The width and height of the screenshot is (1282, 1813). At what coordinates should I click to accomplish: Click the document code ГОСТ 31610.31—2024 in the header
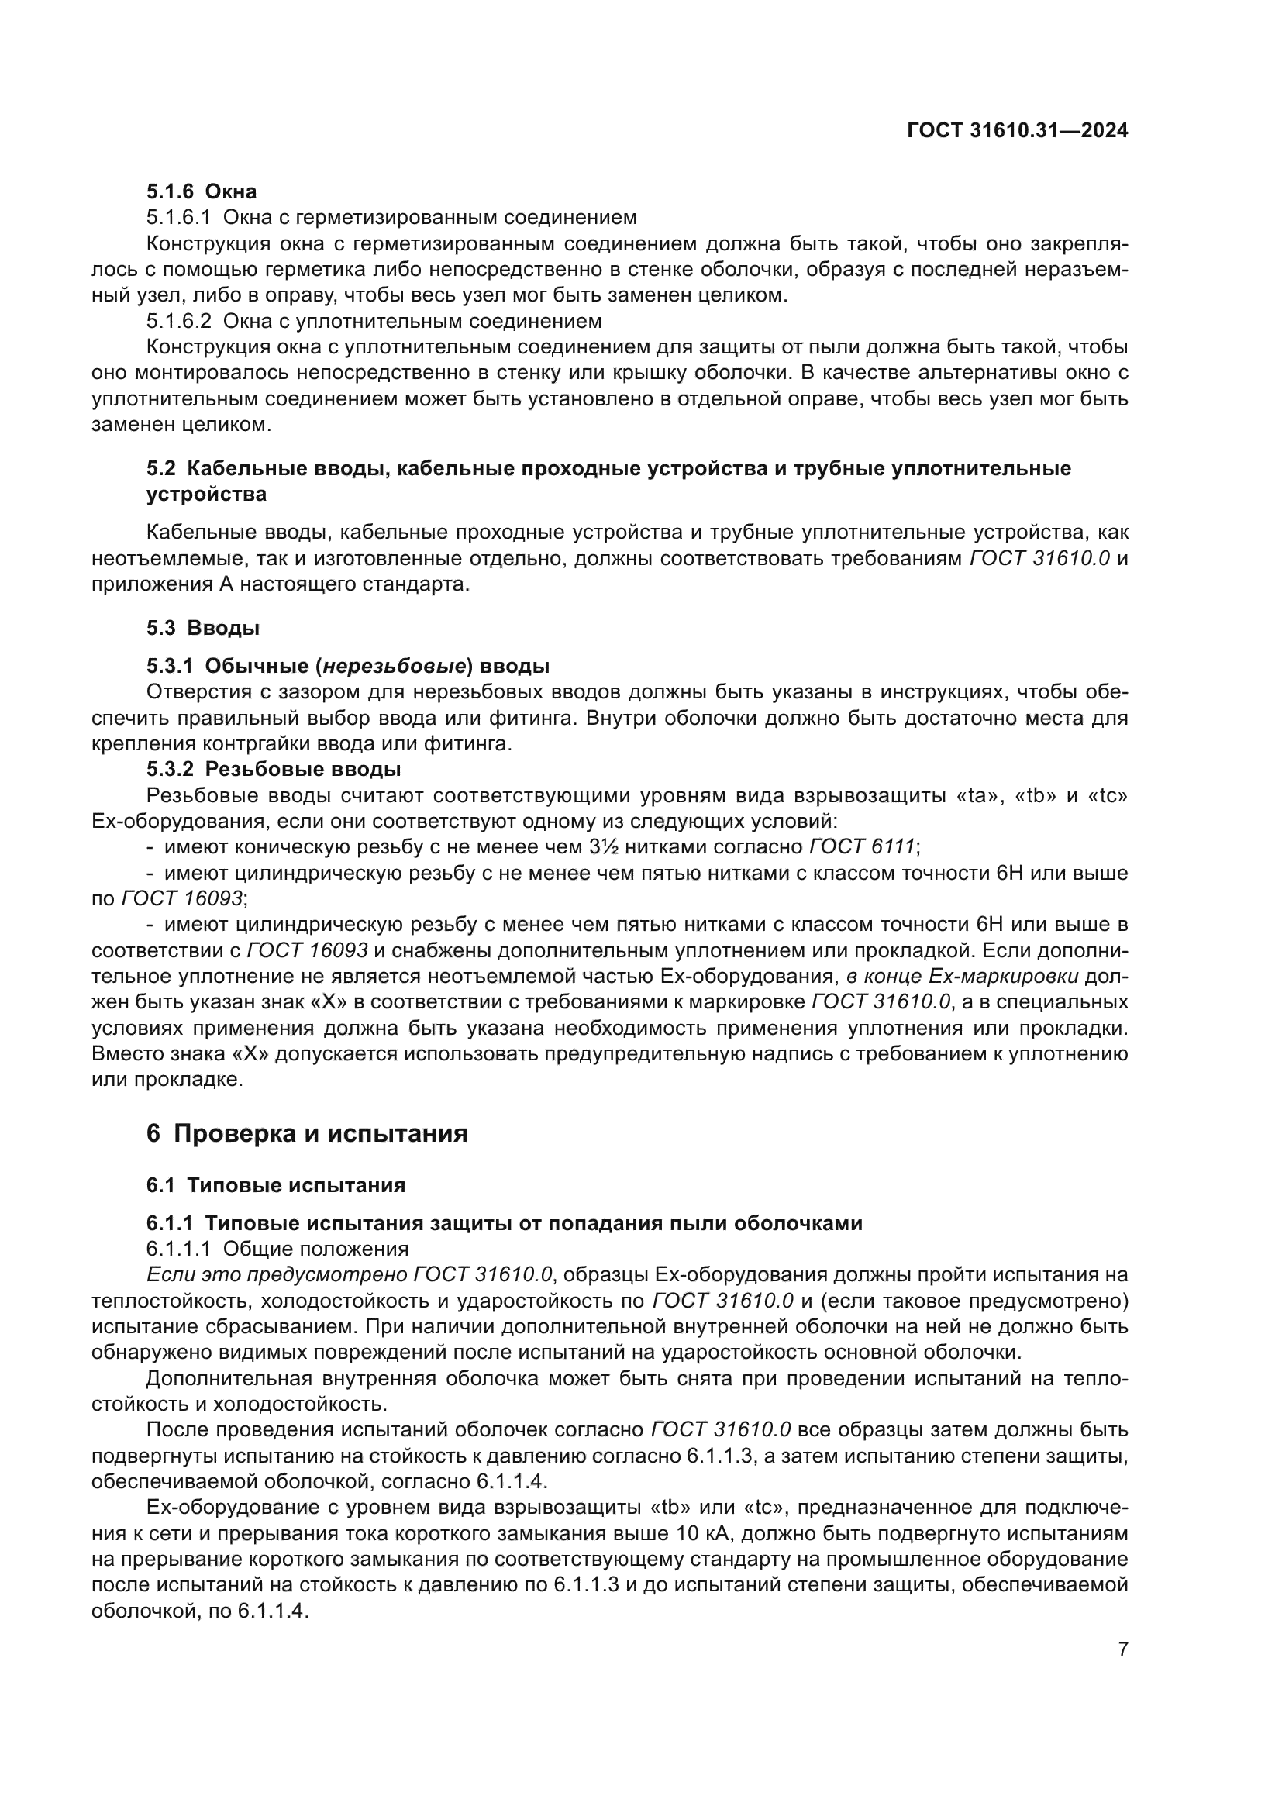click(1017, 131)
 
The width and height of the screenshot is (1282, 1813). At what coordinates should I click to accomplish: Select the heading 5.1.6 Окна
click(202, 191)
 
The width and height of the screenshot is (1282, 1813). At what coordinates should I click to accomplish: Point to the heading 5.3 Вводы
click(203, 629)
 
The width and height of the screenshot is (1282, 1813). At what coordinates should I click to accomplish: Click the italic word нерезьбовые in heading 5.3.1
click(393, 666)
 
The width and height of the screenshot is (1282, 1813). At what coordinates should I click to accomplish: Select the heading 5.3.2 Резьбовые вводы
click(273, 769)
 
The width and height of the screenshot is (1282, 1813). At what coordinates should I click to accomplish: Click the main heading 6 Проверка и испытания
click(307, 1134)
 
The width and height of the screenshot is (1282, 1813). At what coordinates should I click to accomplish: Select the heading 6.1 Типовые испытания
click(275, 1185)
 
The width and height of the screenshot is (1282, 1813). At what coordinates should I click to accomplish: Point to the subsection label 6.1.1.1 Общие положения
click(277, 1249)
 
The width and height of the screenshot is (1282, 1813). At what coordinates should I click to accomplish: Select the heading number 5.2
click(161, 468)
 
